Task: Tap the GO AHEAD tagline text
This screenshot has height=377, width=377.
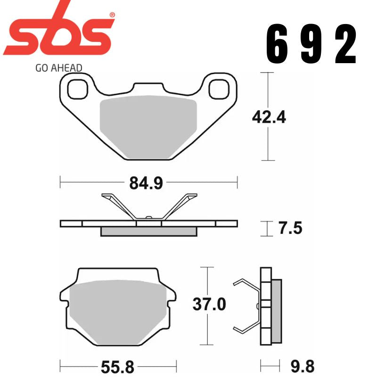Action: [x=58, y=67]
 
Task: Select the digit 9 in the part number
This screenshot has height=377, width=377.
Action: [x=313, y=45]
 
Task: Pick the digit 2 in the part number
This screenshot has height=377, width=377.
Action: [x=346, y=45]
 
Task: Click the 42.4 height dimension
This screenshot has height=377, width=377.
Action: [x=269, y=116]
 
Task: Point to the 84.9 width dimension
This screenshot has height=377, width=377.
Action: [x=146, y=183]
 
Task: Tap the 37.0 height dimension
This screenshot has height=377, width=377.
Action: [x=209, y=304]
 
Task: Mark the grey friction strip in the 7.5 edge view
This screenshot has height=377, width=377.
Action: [x=149, y=231]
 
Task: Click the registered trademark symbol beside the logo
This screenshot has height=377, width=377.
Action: [x=112, y=16]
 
